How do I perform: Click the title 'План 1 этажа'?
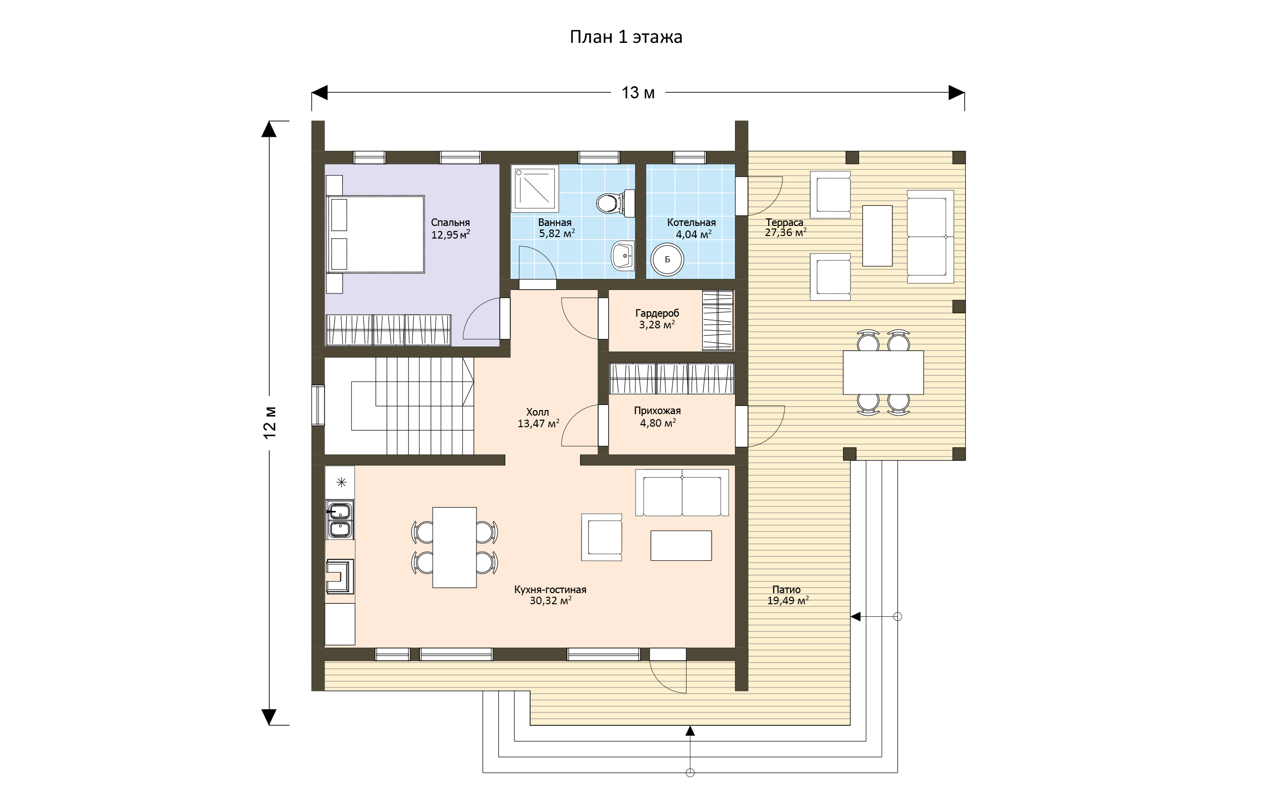click(626, 37)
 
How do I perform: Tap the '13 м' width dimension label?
click(638, 93)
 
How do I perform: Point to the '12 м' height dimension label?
click(270, 422)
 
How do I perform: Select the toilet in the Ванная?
click(616, 203)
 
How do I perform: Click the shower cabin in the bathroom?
click(535, 188)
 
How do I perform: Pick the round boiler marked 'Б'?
click(667, 259)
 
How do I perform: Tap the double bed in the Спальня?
click(376, 234)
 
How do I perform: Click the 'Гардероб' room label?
click(657, 313)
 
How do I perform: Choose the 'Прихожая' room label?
click(657, 411)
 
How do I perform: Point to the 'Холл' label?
click(538, 413)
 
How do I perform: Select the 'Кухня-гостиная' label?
click(550, 590)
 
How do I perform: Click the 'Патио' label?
click(786, 590)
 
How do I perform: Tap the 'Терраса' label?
click(784, 222)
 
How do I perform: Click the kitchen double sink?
click(340, 520)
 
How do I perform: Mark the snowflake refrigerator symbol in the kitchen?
click(341, 482)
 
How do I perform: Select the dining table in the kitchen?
click(454, 548)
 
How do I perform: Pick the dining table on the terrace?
click(883, 373)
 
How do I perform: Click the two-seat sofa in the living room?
click(682, 493)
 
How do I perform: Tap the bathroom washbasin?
click(623, 256)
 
